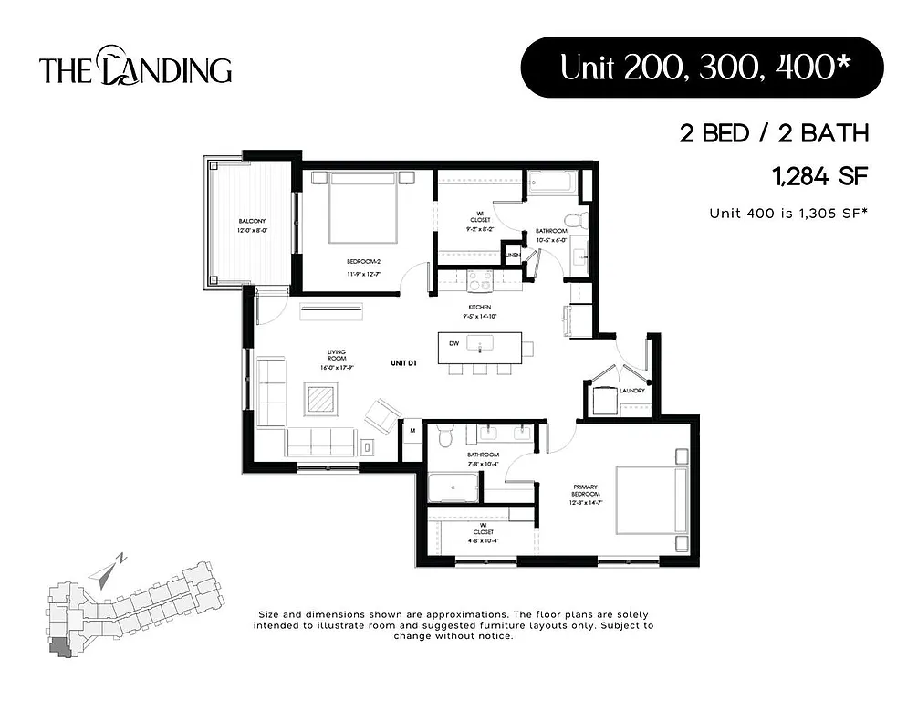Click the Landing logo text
135,68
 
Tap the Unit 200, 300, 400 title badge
701,68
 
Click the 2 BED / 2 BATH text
773,134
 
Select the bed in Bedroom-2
362,207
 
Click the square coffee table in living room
320,398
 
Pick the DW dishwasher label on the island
453,344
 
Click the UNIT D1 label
402,363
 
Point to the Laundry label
631,391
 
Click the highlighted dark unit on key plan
60,647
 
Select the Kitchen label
480,308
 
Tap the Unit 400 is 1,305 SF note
788,213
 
